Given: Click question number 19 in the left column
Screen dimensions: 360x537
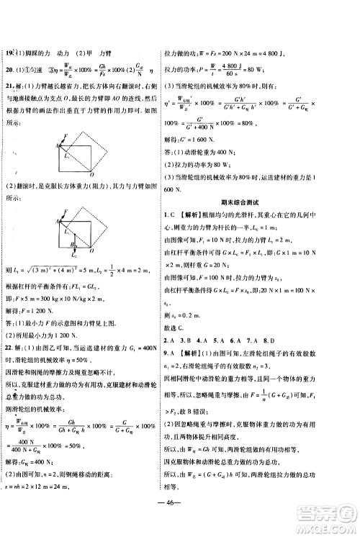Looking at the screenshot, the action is [x=9, y=55].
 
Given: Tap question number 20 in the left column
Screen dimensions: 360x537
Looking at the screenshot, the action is [x=9, y=71].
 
